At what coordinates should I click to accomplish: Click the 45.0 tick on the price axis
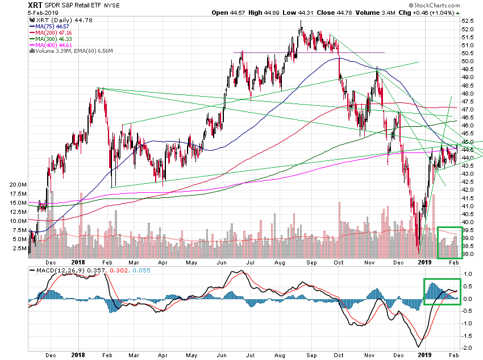468,142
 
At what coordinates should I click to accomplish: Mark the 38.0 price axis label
468,254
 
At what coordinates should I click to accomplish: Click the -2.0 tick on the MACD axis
467,347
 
